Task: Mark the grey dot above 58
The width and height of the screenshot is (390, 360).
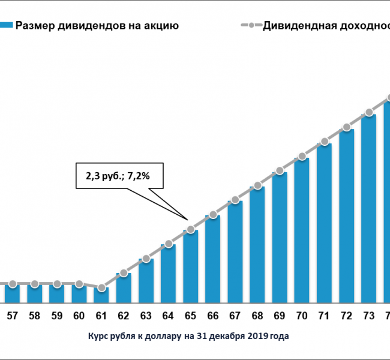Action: [x=35, y=283]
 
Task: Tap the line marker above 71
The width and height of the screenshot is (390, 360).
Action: [x=324, y=142]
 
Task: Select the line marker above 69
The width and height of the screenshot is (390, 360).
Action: [x=280, y=171]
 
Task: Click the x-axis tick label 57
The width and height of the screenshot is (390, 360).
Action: [x=13, y=316]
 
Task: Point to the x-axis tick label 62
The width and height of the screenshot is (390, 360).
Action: [x=124, y=316]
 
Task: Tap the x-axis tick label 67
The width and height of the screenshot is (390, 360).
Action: [x=235, y=316]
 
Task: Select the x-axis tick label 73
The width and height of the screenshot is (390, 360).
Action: [x=368, y=316]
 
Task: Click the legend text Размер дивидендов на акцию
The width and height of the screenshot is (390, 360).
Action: [x=97, y=26]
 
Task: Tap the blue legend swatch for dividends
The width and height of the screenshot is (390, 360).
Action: [x=6, y=26]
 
